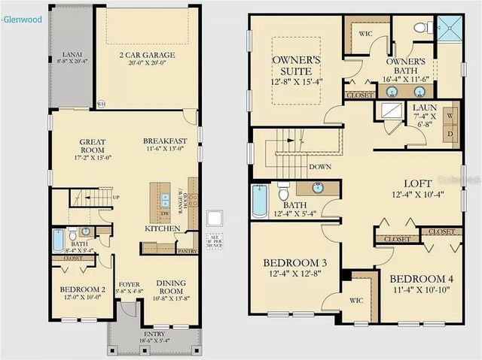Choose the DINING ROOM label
click(172, 288)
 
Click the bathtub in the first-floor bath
click(59, 241)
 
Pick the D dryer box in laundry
click(450, 132)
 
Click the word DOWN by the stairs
click(320, 167)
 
